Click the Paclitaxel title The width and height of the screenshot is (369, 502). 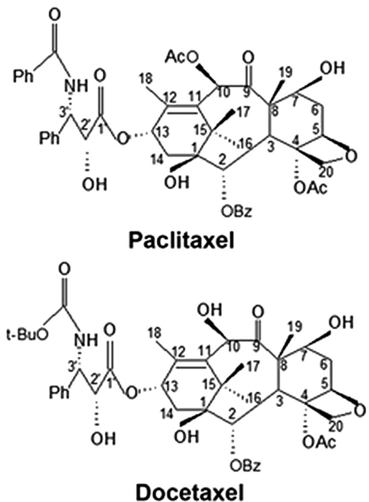click(x=184, y=242)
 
